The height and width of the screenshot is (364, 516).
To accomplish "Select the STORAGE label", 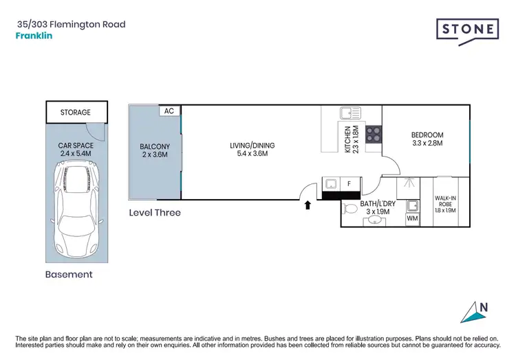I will [x=75, y=112].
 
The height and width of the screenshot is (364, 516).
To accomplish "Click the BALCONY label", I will [x=155, y=152].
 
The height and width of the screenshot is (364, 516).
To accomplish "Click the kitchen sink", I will [x=349, y=114].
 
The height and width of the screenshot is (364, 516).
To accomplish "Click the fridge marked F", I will [x=349, y=184].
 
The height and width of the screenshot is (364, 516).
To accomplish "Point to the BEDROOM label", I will [x=427, y=139].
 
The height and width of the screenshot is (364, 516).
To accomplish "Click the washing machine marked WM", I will [x=413, y=219].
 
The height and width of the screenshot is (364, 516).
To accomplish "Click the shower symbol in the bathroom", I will [x=408, y=183].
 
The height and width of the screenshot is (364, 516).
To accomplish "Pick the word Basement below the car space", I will [x=68, y=274].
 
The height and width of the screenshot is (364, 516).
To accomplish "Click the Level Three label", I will [x=155, y=213].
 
